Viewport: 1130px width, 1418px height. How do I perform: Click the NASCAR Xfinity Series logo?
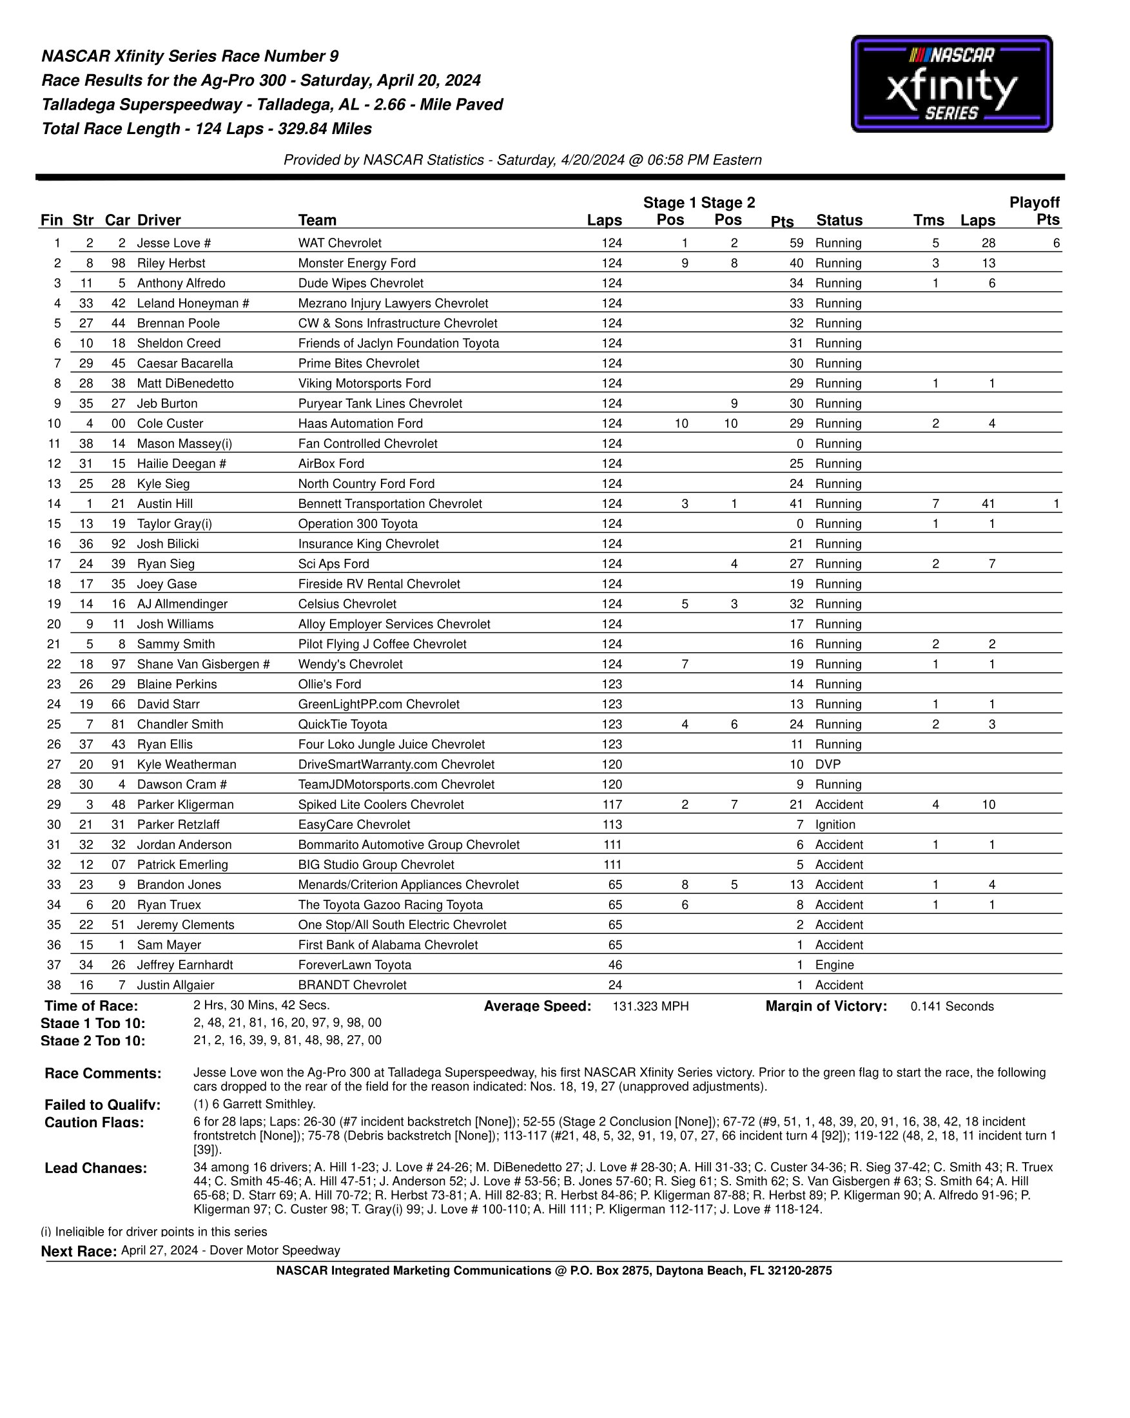pyautogui.click(x=951, y=84)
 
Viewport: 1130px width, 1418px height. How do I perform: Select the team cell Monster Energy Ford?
pyautogui.click(x=356, y=263)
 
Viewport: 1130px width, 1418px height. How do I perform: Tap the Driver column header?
pyautogui.click(x=159, y=220)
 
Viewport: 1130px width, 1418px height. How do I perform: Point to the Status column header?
pyautogui.click(x=839, y=220)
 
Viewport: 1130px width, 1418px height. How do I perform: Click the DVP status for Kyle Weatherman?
pyautogui.click(x=828, y=764)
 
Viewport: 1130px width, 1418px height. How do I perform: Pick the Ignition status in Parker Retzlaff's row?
pyautogui.click(x=835, y=825)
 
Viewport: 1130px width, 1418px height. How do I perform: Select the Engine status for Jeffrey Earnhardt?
pyautogui.click(x=834, y=965)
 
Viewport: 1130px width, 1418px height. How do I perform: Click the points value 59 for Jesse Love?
pyautogui.click(x=796, y=244)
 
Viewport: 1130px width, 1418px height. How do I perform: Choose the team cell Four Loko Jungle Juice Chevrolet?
pyautogui.click(x=391, y=744)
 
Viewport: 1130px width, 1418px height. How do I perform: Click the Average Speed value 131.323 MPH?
pyautogui.click(x=650, y=1006)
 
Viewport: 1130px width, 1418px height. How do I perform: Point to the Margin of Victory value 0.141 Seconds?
pyautogui.click(x=951, y=1006)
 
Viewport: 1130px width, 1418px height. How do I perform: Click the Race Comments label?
pyautogui.click(x=102, y=1073)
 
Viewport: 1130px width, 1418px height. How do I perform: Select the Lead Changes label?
pyautogui.click(x=95, y=1168)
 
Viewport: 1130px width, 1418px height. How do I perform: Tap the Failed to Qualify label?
pyautogui.click(x=102, y=1105)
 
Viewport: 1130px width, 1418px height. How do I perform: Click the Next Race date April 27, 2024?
pyautogui.click(x=159, y=1250)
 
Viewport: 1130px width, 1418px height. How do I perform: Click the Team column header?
pyautogui.click(x=317, y=220)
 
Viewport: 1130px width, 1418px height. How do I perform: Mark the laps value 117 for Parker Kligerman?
pyautogui.click(x=611, y=804)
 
